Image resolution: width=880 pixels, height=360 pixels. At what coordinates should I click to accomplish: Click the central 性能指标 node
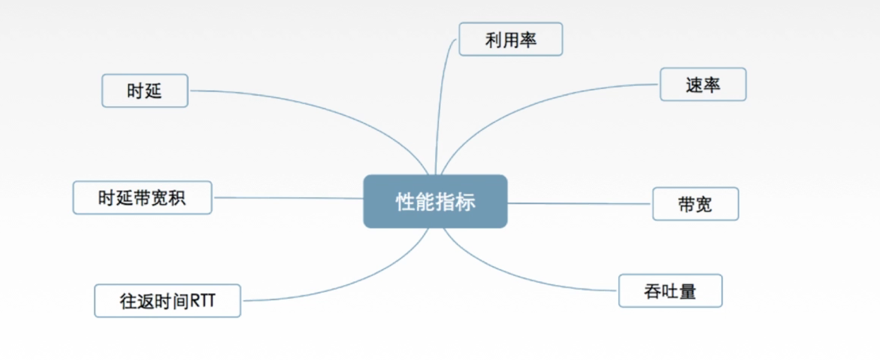coord(435,201)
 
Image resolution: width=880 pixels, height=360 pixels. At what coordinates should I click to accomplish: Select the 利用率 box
coord(510,39)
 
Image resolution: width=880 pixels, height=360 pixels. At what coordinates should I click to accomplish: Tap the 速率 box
coord(703,84)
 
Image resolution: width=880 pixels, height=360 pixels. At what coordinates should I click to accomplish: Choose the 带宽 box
coord(695,204)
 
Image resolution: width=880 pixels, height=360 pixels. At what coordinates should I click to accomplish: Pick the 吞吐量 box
coord(670,291)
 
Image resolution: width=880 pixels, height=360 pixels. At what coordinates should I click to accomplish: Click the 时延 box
coord(145,91)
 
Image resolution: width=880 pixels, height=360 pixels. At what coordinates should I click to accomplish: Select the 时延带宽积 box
coord(142,198)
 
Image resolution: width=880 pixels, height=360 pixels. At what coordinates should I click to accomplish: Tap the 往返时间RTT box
coord(167,300)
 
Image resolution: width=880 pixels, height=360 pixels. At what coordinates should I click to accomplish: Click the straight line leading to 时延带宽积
coord(287,198)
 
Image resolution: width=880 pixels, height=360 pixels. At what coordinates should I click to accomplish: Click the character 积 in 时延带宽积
coord(177,198)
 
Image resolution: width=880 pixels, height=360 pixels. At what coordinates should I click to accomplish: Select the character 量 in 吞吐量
coord(688,291)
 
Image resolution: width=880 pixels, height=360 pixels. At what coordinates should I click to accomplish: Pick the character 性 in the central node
coord(404,202)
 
